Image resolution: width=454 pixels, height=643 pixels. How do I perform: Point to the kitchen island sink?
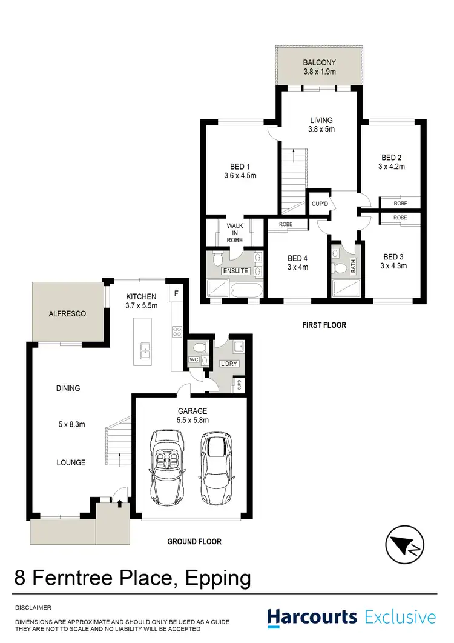[146, 350]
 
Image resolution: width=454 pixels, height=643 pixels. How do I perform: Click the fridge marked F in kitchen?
[176, 293]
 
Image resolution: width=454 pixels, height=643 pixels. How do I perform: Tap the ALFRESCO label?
[67, 314]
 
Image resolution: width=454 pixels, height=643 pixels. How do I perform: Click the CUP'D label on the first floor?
[320, 202]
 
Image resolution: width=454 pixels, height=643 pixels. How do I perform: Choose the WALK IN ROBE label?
[235, 233]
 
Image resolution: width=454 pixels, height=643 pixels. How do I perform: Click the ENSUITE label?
[235, 270]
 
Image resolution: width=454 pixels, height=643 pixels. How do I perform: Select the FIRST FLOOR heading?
[324, 325]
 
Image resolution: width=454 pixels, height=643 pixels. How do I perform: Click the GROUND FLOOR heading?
[194, 541]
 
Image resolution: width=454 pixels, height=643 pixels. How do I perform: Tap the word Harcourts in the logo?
[312, 618]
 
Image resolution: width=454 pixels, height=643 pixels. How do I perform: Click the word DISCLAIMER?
[33, 607]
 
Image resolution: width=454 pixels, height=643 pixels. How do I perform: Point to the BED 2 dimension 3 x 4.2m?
[392, 165]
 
